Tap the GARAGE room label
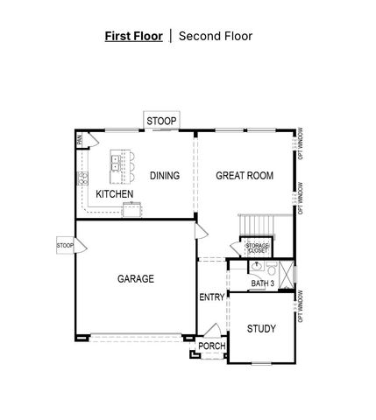[x=136, y=279]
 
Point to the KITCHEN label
[x=114, y=193]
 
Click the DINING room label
[x=164, y=176]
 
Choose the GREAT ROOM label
[x=245, y=176]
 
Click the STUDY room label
[x=261, y=329]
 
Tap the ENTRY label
[x=211, y=297]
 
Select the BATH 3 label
[x=263, y=284]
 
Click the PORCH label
[x=211, y=346]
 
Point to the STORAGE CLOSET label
[x=257, y=248]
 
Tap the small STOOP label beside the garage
[x=65, y=246]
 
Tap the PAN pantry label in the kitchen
[x=80, y=139]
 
